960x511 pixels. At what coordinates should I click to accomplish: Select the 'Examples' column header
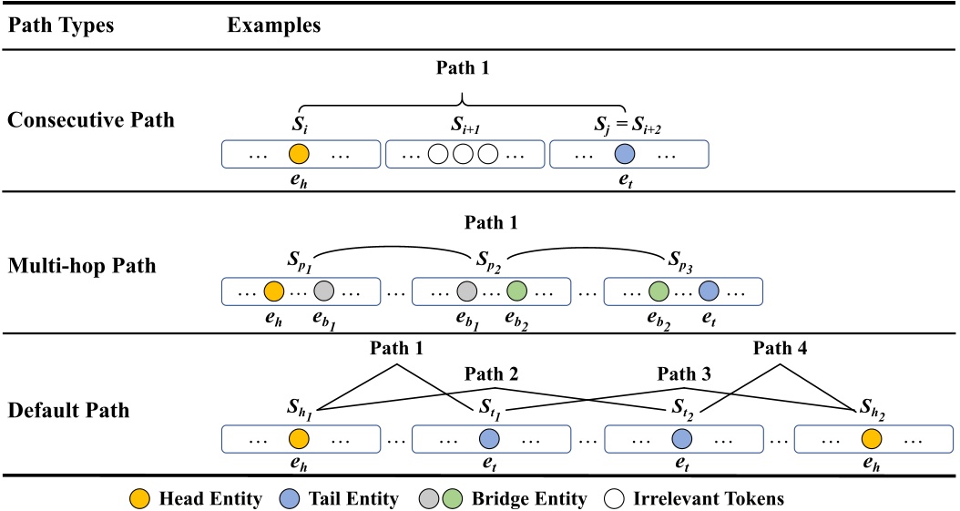pos(273,26)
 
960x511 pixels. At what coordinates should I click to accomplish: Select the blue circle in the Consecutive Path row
pos(624,154)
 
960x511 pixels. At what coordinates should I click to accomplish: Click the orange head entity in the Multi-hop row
pos(273,291)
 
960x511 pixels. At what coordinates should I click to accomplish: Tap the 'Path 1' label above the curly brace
pos(465,67)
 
